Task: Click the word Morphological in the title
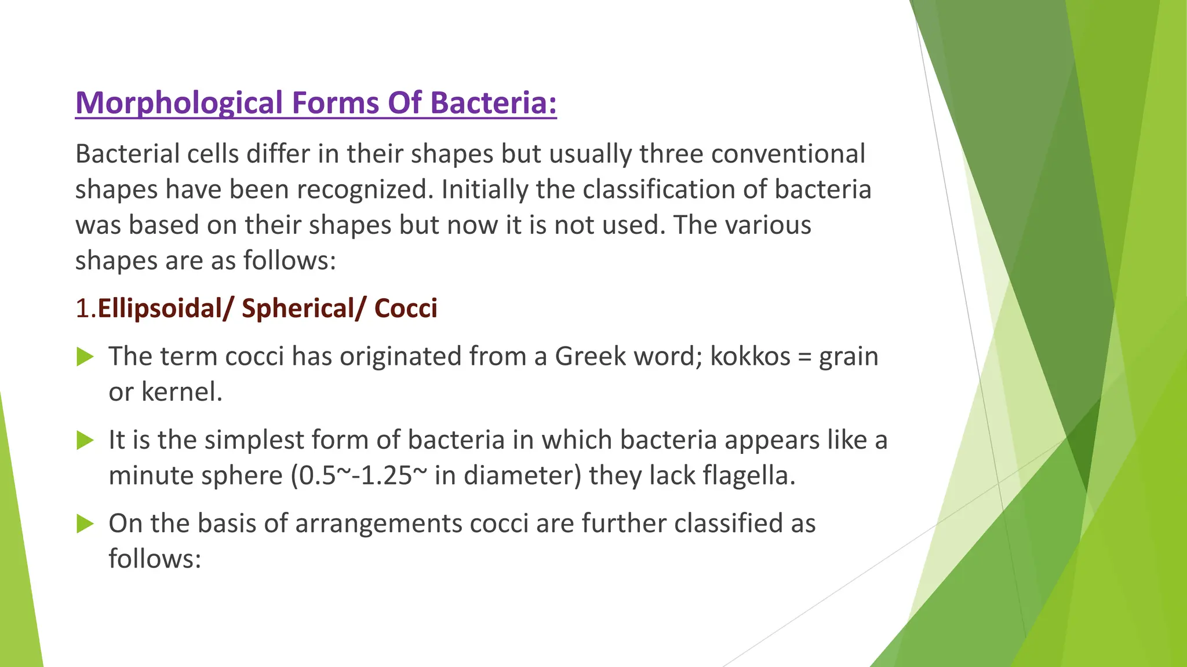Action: coord(179,103)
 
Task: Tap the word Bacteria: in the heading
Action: coord(493,102)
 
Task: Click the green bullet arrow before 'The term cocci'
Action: coord(85,357)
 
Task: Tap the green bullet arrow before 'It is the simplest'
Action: coord(85,441)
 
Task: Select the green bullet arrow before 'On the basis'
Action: coord(85,524)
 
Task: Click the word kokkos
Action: coord(750,357)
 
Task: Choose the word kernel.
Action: coord(182,392)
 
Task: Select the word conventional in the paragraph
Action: coord(788,154)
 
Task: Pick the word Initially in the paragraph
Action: coord(485,190)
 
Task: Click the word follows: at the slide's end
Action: coord(155,559)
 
